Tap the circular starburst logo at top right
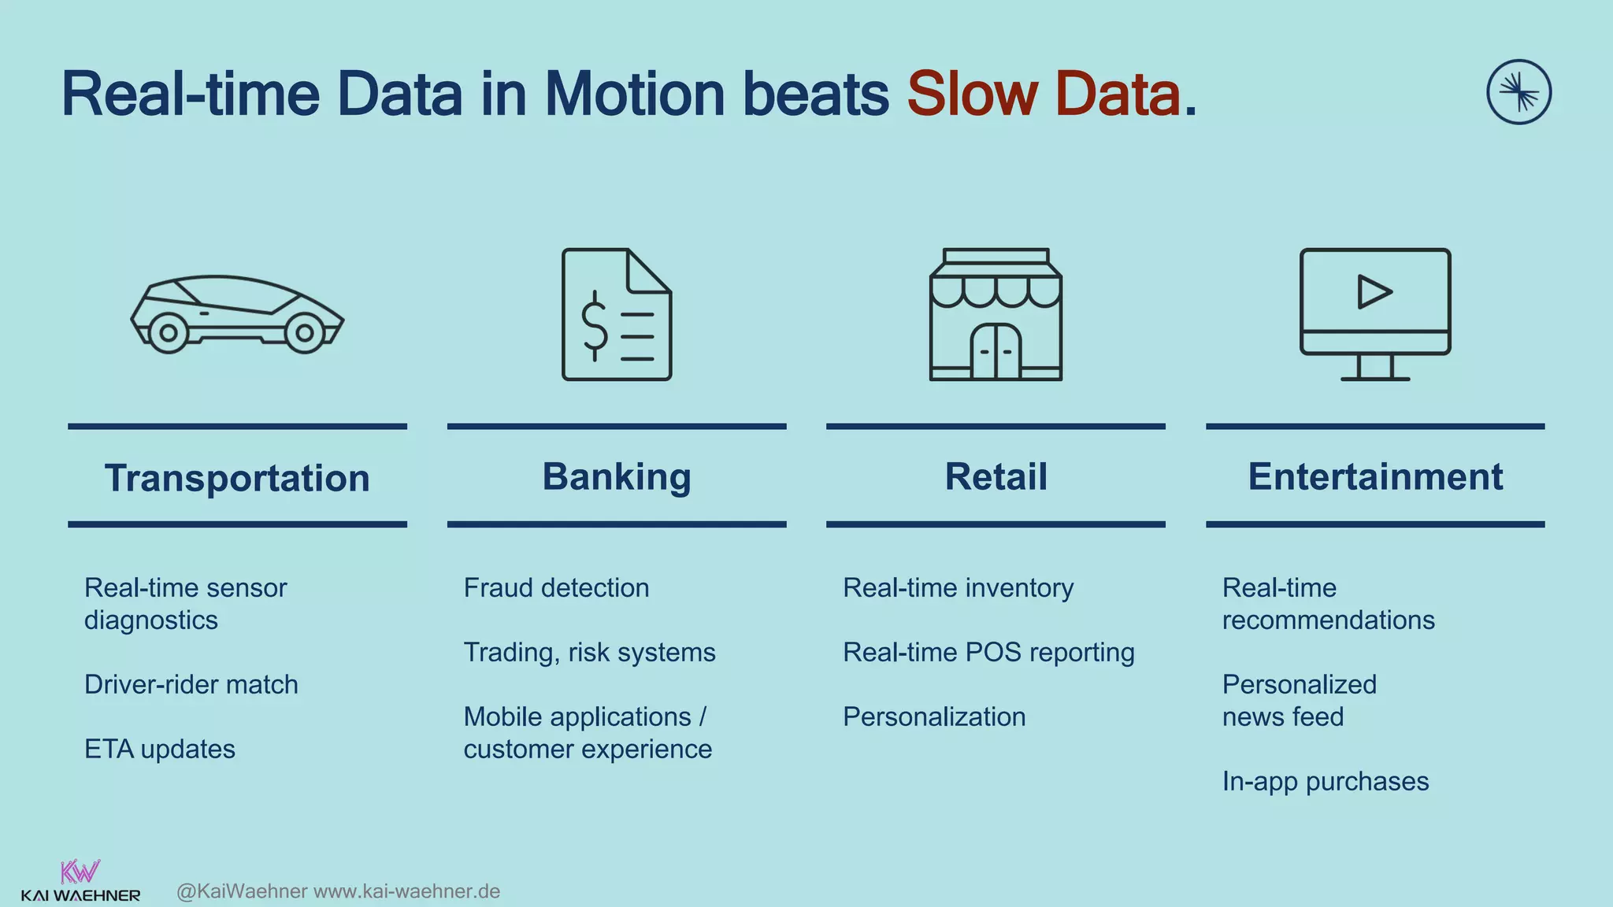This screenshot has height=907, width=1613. click(1518, 92)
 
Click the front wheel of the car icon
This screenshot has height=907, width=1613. click(304, 333)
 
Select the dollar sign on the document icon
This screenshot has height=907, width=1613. click(595, 326)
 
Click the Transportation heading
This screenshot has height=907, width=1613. click(237, 478)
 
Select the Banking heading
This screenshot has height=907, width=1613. click(617, 476)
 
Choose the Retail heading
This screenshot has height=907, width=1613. click(996, 476)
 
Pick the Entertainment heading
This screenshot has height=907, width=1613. click(1375, 476)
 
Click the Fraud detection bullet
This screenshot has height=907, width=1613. click(556, 587)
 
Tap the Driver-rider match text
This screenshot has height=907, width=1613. click(191, 684)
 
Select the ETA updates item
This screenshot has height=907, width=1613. click(160, 749)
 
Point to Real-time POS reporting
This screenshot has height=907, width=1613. click(988, 652)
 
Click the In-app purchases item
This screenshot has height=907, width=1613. click(1326, 781)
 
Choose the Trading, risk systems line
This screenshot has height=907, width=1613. click(589, 652)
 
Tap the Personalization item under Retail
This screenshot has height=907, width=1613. click(934, 716)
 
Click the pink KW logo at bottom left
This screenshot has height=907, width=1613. click(80, 872)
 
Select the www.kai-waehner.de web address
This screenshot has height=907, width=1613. click(407, 891)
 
